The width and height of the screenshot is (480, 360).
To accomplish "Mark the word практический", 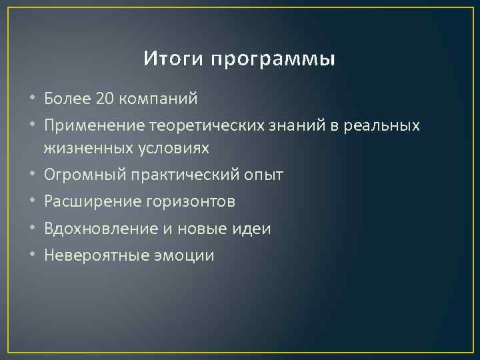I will coord(177,175).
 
